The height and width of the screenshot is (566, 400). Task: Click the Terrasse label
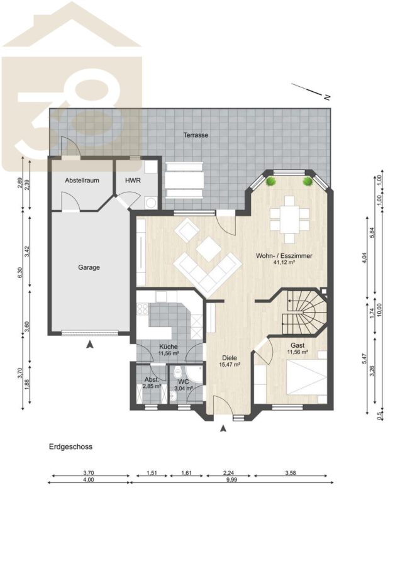pyautogui.click(x=196, y=135)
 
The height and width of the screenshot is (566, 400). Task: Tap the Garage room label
pyautogui.click(x=89, y=267)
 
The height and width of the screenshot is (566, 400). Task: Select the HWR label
pyautogui.click(x=133, y=180)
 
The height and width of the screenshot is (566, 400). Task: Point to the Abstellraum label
pyautogui.click(x=82, y=180)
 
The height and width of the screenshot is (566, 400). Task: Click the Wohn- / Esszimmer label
pyautogui.click(x=284, y=256)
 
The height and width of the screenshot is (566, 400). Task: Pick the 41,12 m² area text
pyautogui.click(x=285, y=263)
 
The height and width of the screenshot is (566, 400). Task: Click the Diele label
pyautogui.click(x=230, y=358)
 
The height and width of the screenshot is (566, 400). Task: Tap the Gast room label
pyautogui.click(x=297, y=345)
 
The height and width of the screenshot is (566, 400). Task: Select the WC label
pyautogui.click(x=184, y=382)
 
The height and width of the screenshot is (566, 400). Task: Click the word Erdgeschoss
pyautogui.click(x=71, y=447)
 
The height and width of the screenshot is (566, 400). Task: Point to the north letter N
pyautogui.click(x=327, y=97)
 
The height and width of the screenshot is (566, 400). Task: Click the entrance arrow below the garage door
pyautogui.click(x=90, y=345)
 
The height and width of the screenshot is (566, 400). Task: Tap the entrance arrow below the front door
pyautogui.click(x=223, y=428)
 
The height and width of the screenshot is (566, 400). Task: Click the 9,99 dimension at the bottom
pyautogui.click(x=231, y=480)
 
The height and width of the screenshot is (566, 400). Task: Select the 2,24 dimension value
pyautogui.click(x=228, y=473)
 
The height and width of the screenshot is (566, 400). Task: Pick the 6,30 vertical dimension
pyautogui.click(x=20, y=272)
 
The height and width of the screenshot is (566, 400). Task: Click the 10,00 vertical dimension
pyautogui.click(x=379, y=310)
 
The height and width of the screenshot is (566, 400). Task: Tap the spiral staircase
pyautogui.click(x=303, y=312)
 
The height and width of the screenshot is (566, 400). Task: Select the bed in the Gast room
pyautogui.click(x=307, y=377)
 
